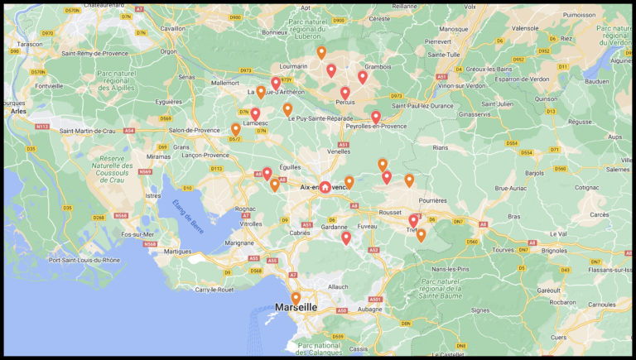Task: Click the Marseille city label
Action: tap(296, 307)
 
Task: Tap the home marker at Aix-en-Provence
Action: tap(325, 187)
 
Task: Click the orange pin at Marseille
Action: tap(296, 297)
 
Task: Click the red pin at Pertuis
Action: tap(345, 93)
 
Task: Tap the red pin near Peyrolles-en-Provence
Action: tap(376, 117)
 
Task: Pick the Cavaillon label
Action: tap(172, 28)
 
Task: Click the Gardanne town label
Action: tap(335, 226)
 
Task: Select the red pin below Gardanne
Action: tap(346, 238)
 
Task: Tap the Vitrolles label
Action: tap(250, 223)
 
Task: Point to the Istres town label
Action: tap(152, 195)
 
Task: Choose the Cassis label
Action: tap(359, 348)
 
